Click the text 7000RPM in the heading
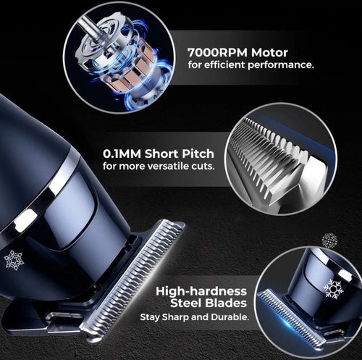pyautogui.click(x=218, y=53)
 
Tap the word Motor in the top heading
pyautogui.click(x=269, y=53)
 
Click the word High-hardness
pyautogui.click(x=201, y=291)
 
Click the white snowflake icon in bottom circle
pyautogui.click(x=333, y=289)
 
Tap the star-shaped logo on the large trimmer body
pyautogui.click(x=14, y=260)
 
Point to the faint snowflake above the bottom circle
pyautogui.click(x=329, y=240)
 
